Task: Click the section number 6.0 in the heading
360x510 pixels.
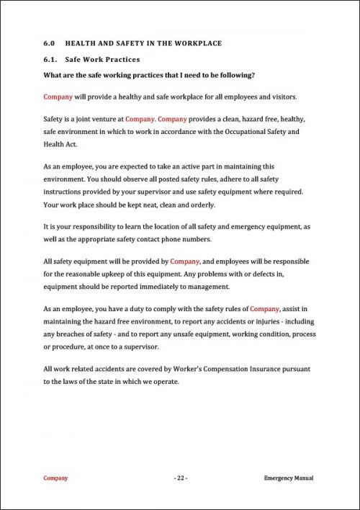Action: point(49,43)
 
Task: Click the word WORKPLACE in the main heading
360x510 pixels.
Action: point(198,43)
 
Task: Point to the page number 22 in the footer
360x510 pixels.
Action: point(180,478)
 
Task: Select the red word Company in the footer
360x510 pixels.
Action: point(56,478)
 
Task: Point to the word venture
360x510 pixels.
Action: point(101,117)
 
